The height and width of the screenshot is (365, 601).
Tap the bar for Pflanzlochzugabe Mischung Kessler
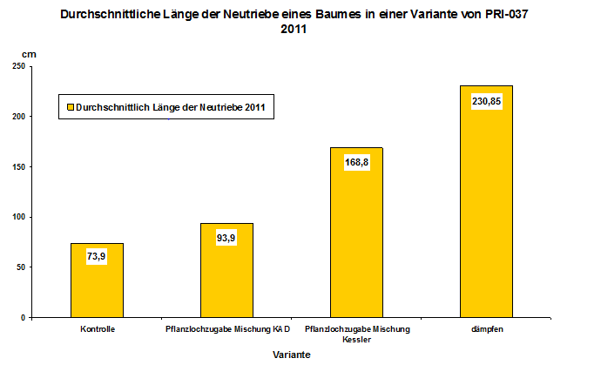tap(356, 244)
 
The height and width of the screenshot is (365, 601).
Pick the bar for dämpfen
tap(486, 218)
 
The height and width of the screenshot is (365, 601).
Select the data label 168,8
tap(356, 161)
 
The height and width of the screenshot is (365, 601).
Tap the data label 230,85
tap(486, 100)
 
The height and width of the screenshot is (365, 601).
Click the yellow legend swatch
tap(70, 107)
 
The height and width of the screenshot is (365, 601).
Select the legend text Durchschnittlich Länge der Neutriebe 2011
tap(170, 107)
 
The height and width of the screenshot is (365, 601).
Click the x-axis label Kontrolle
tap(97, 329)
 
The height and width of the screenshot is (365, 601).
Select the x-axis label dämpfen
tap(486, 329)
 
